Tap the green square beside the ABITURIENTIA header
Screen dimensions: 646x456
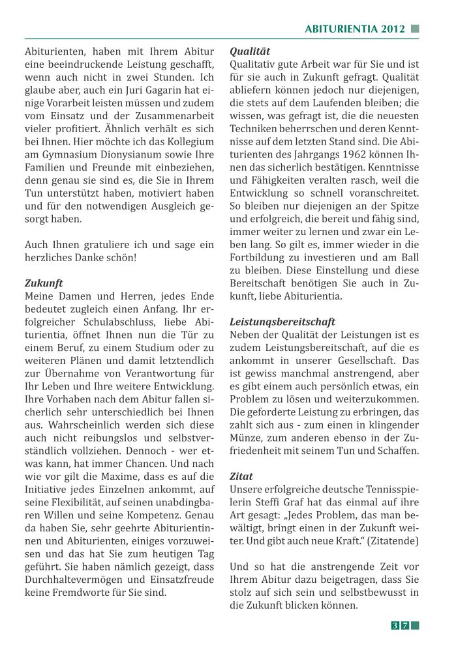point(415,29)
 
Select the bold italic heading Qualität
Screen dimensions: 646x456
point(250,51)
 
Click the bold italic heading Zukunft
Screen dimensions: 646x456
point(44,283)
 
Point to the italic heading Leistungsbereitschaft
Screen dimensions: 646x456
point(282,322)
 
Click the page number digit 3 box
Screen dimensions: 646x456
point(395,626)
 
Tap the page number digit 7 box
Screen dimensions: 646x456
point(405,626)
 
